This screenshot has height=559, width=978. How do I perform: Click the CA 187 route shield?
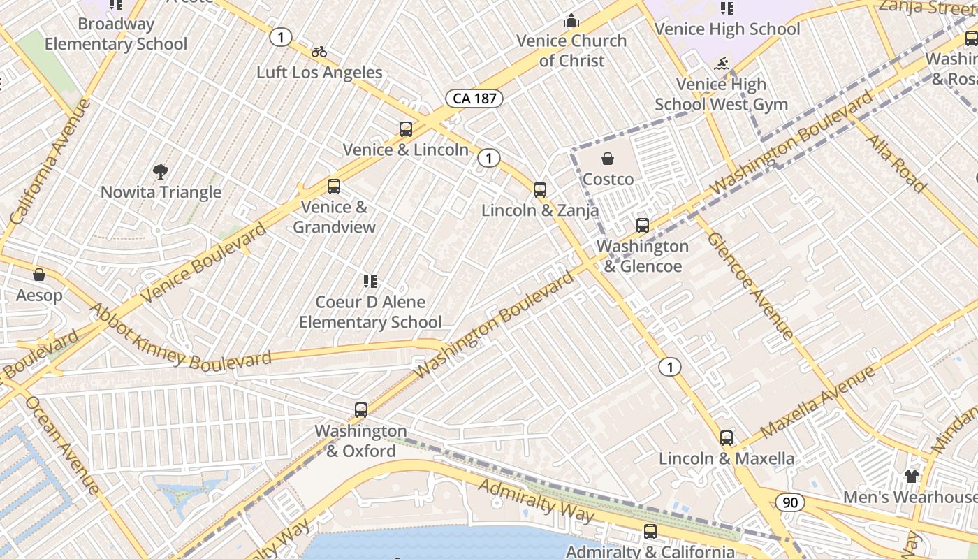click(x=474, y=99)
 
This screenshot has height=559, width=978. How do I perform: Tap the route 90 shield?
click(x=789, y=502)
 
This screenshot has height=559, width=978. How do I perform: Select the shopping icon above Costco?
click(x=608, y=159)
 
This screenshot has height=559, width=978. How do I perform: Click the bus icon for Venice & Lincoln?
click(x=406, y=129)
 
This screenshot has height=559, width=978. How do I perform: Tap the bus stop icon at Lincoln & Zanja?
click(x=539, y=189)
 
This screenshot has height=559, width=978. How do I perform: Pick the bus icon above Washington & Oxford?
click(x=360, y=410)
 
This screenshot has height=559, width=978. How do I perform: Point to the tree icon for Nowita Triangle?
click(x=161, y=172)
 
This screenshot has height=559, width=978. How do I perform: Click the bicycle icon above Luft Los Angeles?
click(x=319, y=52)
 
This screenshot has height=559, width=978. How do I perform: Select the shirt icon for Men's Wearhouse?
click(x=911, y=477)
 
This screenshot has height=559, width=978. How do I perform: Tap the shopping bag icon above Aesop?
click(x=39, y=275)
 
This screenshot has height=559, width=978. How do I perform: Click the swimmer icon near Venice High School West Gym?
click(x=722, y=64)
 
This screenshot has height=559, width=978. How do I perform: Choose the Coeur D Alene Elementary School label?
click(x=370, y=312)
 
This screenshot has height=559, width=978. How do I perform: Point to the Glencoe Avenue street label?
click(x=750, y=286)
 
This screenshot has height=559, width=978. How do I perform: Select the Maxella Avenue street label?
click(x=817, y=402)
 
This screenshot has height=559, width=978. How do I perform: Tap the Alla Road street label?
click(x=896, y=164)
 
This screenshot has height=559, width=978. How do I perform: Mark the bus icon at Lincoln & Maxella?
click(x=727, y=438)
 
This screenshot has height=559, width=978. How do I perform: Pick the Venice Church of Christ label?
click(x=571, y=50)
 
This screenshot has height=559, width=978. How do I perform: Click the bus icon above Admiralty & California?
click(x=650, y=532)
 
